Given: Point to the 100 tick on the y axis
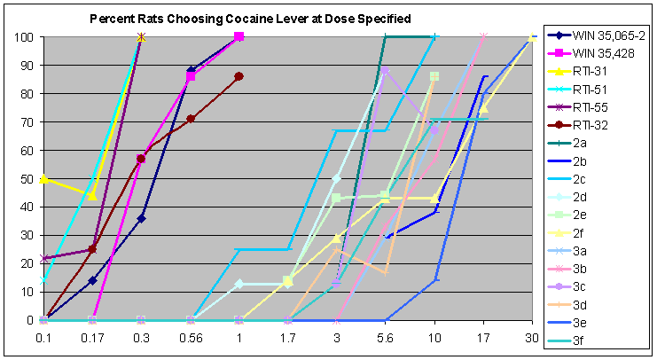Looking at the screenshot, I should point(25,37).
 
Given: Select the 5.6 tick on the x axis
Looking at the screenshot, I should point(385,338).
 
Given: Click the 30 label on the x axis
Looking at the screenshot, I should point(531,338).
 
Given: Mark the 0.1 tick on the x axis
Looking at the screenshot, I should point(43,338).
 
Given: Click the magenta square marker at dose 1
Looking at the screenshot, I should point(239,36).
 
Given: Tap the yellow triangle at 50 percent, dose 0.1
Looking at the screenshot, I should point(43,179).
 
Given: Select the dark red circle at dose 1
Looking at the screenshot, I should point(239,76).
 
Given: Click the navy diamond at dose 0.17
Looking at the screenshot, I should point(92,280).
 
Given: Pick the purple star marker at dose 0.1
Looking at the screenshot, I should point(44,258).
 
